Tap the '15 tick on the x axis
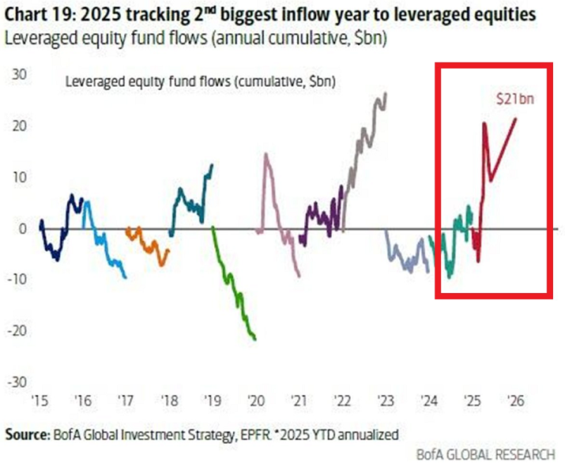coord(40,400)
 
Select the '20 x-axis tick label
coord(255,400)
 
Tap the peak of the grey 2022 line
coord(385,93)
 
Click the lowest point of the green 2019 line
coord(254,340)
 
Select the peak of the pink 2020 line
coord(266,154)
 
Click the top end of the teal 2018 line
coord(212,165)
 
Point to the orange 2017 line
coord(150,245)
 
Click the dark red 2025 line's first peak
coord(484,123)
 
